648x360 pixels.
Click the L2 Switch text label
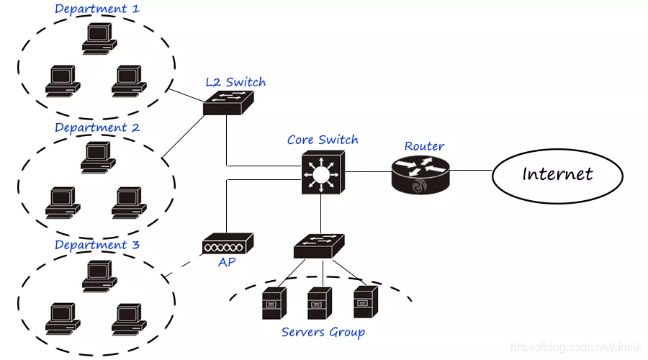(x=235, y=81)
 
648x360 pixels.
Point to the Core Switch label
(x=323, y=140)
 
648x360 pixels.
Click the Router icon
(x=419, y=174)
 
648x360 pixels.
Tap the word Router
(x=424, y=146)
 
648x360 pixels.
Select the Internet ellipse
(x=557, y=174)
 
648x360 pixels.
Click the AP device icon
(x=228, y=243)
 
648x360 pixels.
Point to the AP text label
(x=227, y=262)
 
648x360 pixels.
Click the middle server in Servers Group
(x=319, y=302)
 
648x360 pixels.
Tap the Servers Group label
(x=323, y=332)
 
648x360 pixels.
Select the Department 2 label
(x=97, y=127)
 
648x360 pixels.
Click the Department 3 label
(x=97, y=245)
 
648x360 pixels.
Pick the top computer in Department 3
(x=98, y=276)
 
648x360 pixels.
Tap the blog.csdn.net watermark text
(x=576, y=347)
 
